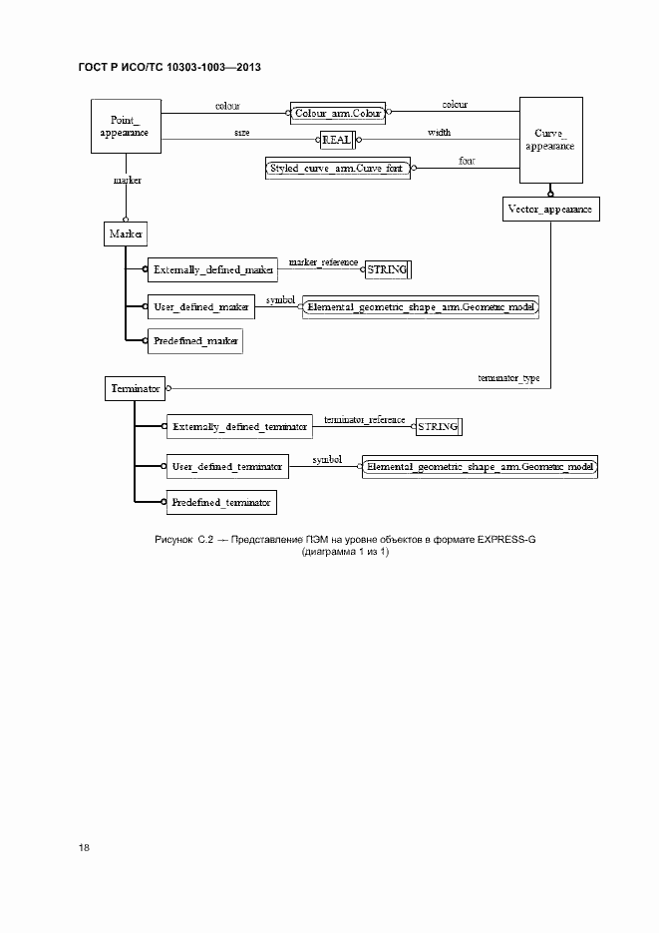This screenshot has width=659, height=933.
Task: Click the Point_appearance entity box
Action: tap(126, 127)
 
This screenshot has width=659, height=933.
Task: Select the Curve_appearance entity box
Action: tap(549, 139)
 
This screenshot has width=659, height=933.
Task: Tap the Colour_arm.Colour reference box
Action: tap(339, 113)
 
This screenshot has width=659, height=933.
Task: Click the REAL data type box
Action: tap(335, 141)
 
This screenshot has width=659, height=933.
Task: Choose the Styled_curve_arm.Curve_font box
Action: tap(337, 169)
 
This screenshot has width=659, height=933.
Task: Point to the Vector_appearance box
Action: tap(549, 210)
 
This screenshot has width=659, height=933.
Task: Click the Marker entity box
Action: tap(126, 233)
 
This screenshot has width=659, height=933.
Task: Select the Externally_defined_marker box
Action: tap(212, 270)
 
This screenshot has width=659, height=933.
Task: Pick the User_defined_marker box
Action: tap(201, 307)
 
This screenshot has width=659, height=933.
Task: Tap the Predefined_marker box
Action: tap(195, 341)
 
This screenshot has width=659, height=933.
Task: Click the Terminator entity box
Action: tap(135, 388)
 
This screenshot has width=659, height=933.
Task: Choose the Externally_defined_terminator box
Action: tap(238, 426)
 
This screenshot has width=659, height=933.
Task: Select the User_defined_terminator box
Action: tap(228, 465)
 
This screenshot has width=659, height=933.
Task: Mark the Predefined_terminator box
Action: tap(220, 503)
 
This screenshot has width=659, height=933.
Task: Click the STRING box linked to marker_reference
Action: tap(387, 269)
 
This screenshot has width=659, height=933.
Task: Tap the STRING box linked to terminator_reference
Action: tap(438, 426)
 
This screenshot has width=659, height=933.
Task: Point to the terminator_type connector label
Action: tap(508, 378)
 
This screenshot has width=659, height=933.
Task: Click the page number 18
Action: tap(84, 848)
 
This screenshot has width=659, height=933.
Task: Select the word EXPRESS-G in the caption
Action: tap(505, 539)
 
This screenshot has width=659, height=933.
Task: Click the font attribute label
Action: tap(466, 160)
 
